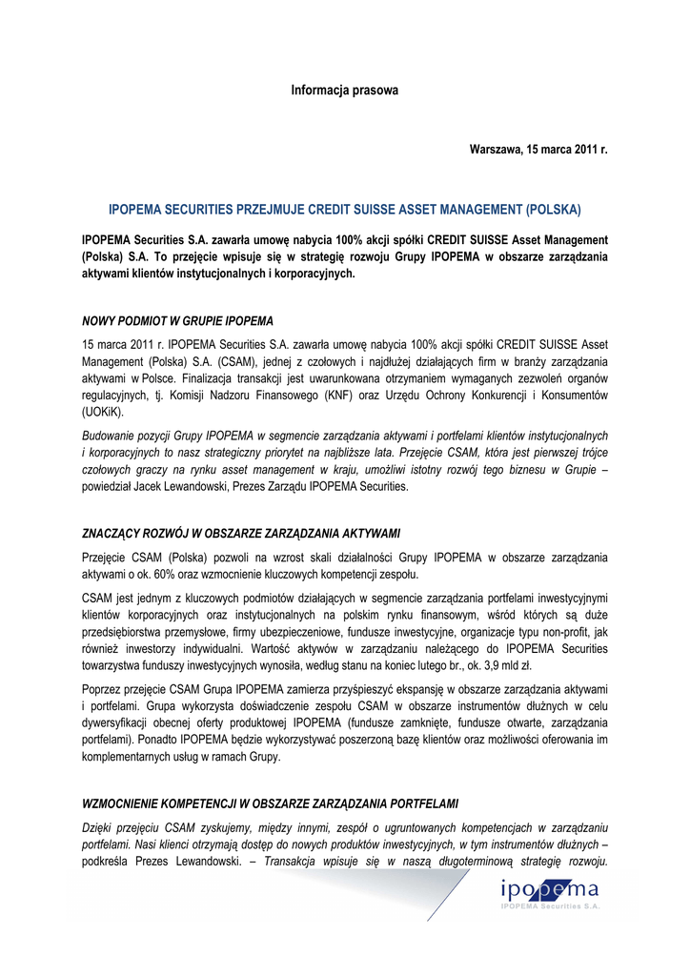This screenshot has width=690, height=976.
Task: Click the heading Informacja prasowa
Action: pyautogui.click(x=344, y=91)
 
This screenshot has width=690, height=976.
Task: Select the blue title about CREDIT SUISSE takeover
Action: pyautogui.click(x=344, y=209)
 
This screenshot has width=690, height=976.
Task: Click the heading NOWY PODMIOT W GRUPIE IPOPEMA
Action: pyautogui.click(x=177, y=320)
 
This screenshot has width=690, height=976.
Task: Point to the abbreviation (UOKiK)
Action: pyautogui.click(x=103, y=414)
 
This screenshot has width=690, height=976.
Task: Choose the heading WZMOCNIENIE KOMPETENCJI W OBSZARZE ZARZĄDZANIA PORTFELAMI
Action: pyautogui.click(x=271, y=803)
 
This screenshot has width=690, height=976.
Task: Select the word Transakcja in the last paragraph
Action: pyautogui.click(x=301, y=863)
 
